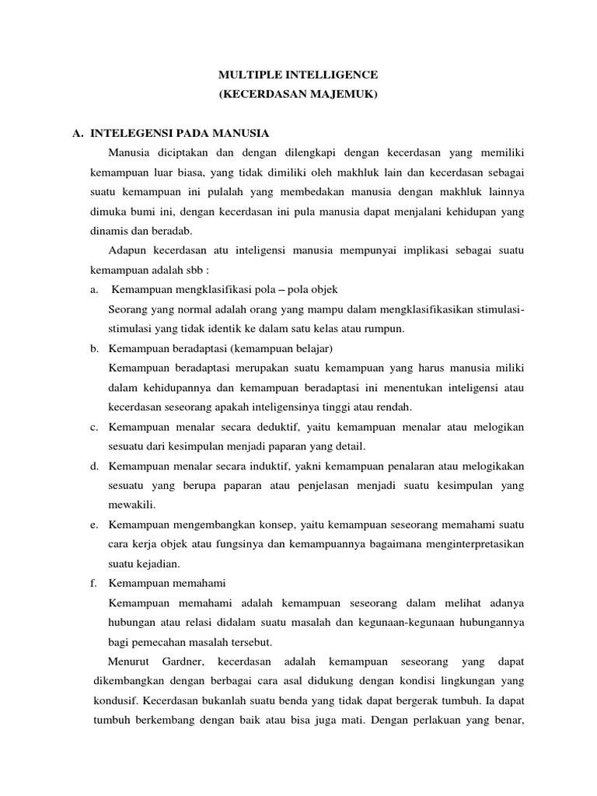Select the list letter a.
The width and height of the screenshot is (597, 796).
pos(93,290)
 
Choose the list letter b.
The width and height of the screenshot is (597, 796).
pos(93,348)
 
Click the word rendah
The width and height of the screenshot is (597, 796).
pos(393,407)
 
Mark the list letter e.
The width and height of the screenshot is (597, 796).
pos(93,525)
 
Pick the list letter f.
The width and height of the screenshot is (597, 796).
pos(93,583)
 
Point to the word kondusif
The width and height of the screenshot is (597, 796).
pos(115,700)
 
